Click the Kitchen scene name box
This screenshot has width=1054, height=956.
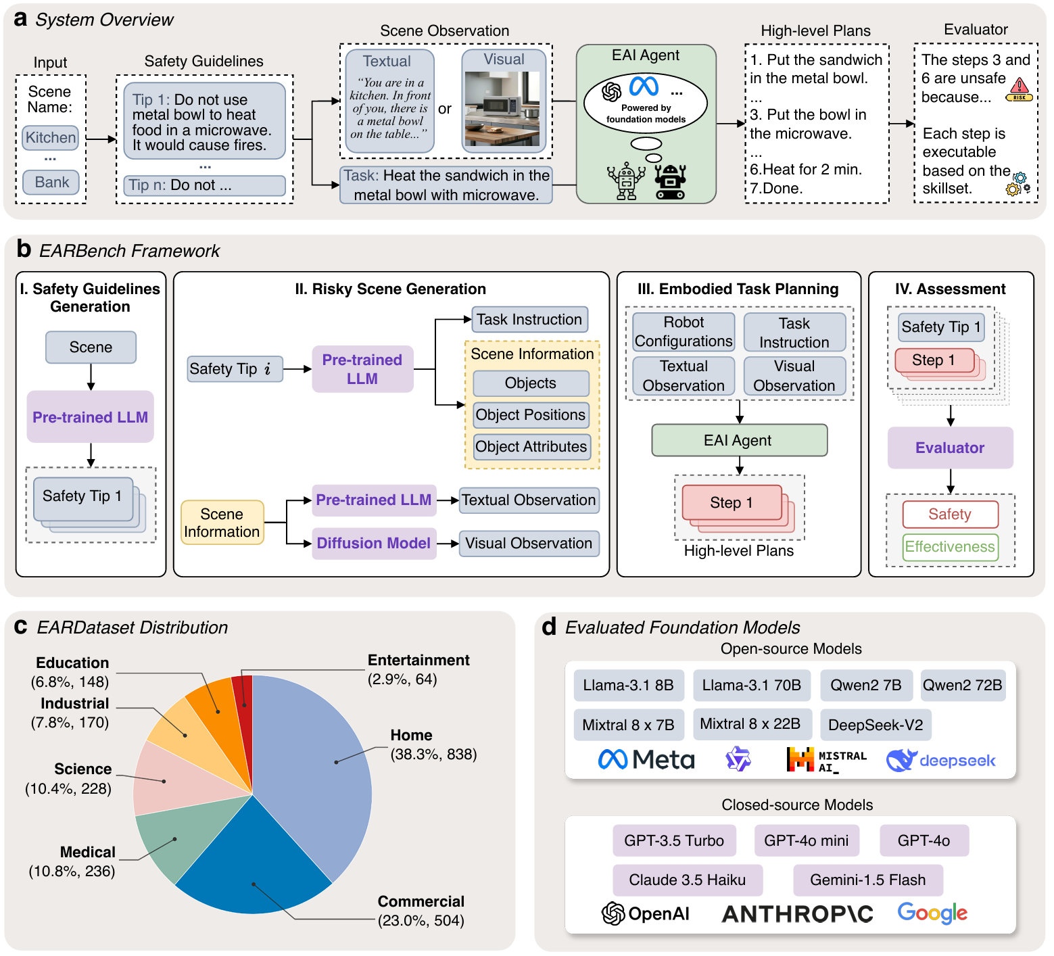51,137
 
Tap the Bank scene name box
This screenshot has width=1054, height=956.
51,183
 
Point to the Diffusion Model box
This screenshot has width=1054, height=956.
374,543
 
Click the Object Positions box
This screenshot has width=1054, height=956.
531,414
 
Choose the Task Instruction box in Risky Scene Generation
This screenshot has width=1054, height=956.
529,319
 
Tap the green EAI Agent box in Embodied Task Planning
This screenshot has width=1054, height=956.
738,440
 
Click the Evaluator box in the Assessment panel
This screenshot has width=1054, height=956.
950,448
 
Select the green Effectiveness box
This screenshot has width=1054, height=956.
950,546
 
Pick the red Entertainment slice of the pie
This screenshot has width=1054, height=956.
243,696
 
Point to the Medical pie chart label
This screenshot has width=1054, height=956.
88,852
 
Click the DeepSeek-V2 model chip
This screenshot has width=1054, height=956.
876,725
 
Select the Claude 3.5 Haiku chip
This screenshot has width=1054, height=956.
687,880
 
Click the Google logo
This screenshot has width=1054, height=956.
932,913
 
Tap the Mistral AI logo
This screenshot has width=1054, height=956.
826,761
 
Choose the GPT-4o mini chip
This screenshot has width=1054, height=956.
806,840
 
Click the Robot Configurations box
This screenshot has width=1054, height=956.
684,331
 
